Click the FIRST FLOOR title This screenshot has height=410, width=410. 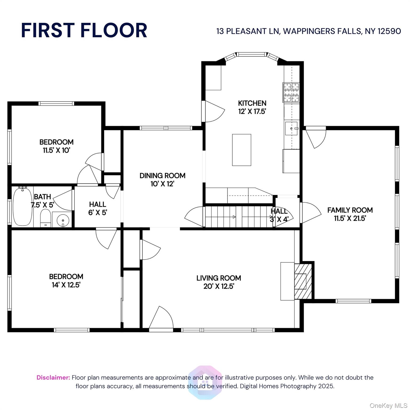click(x=84, y=30)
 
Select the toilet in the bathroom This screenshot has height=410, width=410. click(x=45, y=218)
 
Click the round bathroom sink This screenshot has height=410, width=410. click(x=62, y=220)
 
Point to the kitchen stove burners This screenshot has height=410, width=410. click(x=291, y=92)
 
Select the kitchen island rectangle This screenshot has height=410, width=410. click(x=242, y=150)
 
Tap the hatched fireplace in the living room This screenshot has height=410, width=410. click(x=303, y=281)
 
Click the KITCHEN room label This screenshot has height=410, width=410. click(x=252, y=103)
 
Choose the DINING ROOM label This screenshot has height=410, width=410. click(x=162, y=176)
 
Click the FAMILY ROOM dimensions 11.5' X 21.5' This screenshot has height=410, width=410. click(x=350, y=218)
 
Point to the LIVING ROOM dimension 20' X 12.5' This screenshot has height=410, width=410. click(x=219, y=286)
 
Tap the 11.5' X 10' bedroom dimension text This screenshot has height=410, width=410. click(x=56, y=150)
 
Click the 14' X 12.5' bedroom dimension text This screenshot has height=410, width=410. click(x=66, y=285)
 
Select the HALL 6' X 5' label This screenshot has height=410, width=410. click(x=98, y=208)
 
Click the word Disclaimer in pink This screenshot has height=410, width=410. click(x=53, y=377)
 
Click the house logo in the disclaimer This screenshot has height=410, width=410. click(x=205, y=382)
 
